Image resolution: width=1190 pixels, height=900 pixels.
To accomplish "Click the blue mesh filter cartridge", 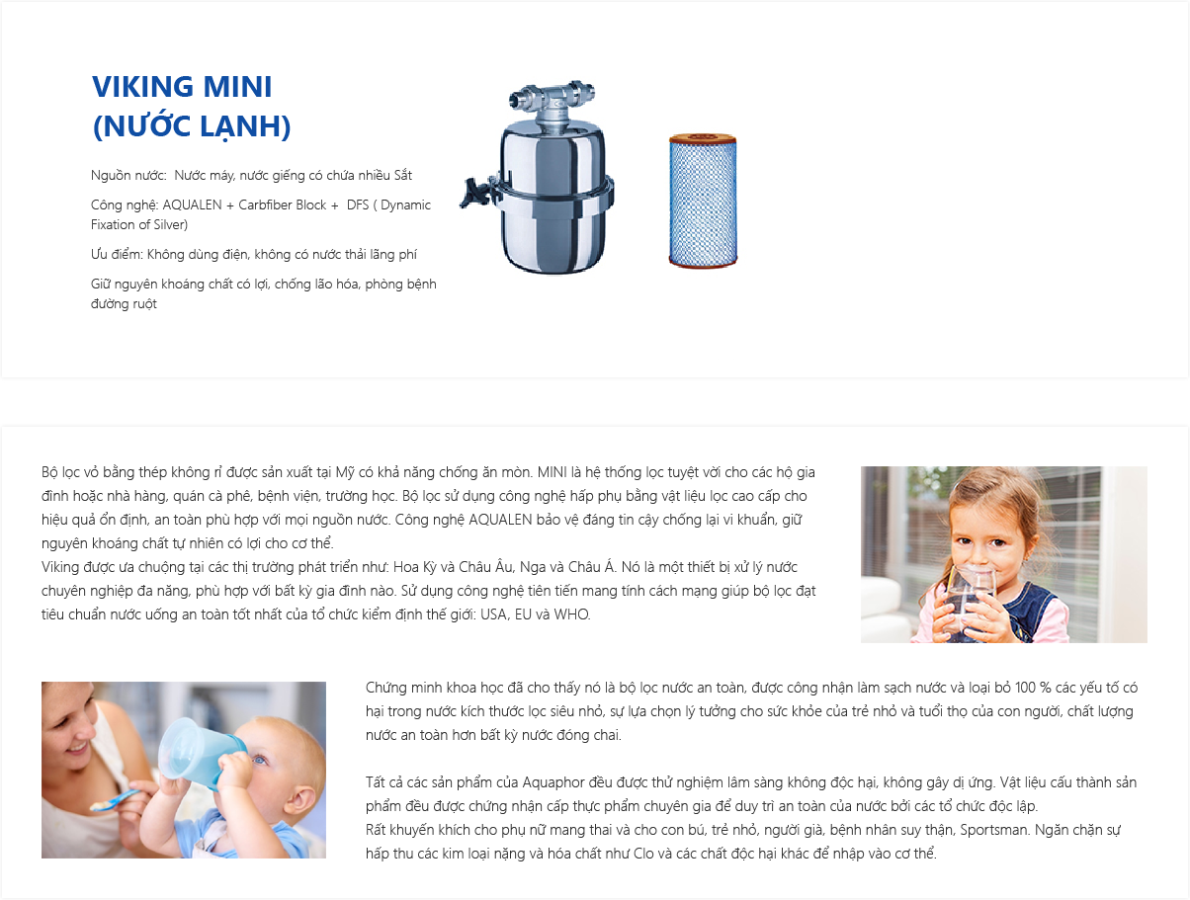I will [x=703, y=201].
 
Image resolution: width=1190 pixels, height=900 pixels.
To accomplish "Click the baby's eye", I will [x=258, y=759].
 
